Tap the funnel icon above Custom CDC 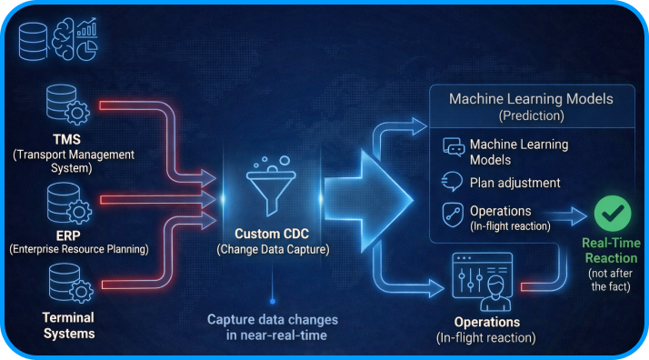270,185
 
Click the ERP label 67,234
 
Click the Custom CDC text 271,234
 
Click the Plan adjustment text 515,183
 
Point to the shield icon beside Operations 453,215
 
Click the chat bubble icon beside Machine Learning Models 454,148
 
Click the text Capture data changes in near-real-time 273,327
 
